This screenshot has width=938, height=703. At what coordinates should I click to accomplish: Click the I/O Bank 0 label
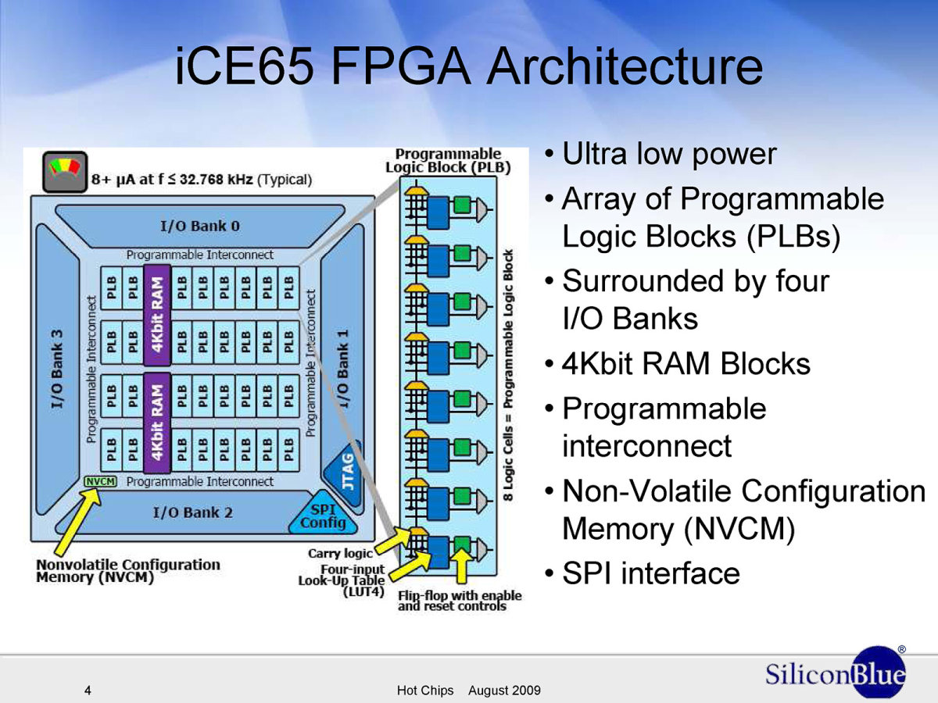(x=200, y=226)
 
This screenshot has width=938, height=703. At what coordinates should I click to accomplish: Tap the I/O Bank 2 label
(x=193, y=512)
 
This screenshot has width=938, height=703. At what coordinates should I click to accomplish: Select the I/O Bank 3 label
(x=57, y=369)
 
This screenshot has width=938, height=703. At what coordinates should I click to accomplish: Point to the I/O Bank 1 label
(x=342, y=369)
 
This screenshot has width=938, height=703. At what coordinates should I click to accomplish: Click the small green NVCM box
(x=100, y=481)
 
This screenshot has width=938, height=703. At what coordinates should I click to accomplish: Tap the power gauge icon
(x=65, y=172)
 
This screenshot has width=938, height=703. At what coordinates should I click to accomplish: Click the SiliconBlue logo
(x=836, y=673)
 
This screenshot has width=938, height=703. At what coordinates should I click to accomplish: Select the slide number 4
(x=88, y=691)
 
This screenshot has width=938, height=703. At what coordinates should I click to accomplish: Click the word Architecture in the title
(x=625, y=67)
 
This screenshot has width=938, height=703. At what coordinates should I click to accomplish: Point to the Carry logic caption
(x=340, y=553)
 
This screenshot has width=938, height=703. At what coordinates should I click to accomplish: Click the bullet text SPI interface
(x=651, y=573)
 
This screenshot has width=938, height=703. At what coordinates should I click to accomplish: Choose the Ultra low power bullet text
(x=669, y=154)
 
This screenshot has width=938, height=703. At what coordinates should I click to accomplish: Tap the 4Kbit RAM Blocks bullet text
(x=686, y=363)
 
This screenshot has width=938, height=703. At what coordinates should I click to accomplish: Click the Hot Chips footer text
(x=425, y=691)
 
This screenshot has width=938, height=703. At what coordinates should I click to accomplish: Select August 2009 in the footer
(x=504, y=691)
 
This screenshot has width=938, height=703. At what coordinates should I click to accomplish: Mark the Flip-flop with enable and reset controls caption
(x=460, y=601)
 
